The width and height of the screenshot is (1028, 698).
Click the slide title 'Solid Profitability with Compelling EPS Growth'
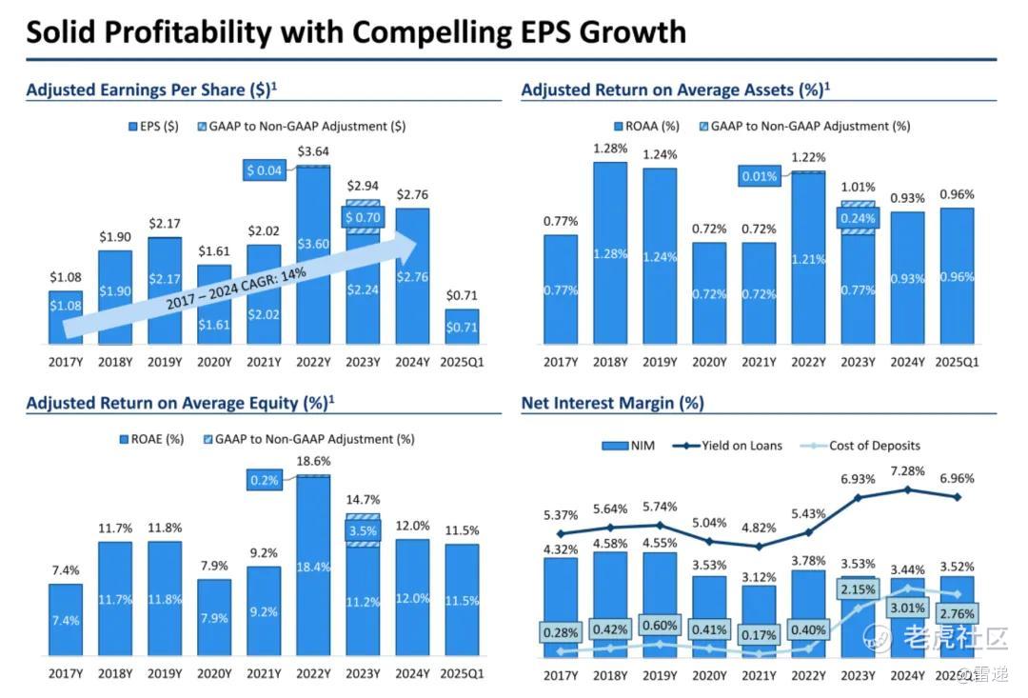pos(355,31)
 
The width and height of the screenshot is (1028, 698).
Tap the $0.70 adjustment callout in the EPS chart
pos(362,217)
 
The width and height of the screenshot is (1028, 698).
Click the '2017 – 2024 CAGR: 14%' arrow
pos(238,286)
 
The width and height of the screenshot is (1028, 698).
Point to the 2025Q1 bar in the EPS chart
pos(462,326)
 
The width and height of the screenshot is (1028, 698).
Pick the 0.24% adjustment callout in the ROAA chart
pos(858,218)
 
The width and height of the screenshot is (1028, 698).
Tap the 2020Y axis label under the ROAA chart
pos(709,362)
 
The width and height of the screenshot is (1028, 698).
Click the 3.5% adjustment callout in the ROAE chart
pos(363,530)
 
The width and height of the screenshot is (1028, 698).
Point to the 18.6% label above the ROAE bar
pos(313,460)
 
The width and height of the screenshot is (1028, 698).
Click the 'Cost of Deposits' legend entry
pos(866,446)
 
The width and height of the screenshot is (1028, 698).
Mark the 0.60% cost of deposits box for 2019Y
pos(660,626)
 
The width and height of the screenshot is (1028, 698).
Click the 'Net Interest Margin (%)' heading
pos(612,403)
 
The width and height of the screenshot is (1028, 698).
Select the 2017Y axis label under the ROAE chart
pos(65,675)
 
